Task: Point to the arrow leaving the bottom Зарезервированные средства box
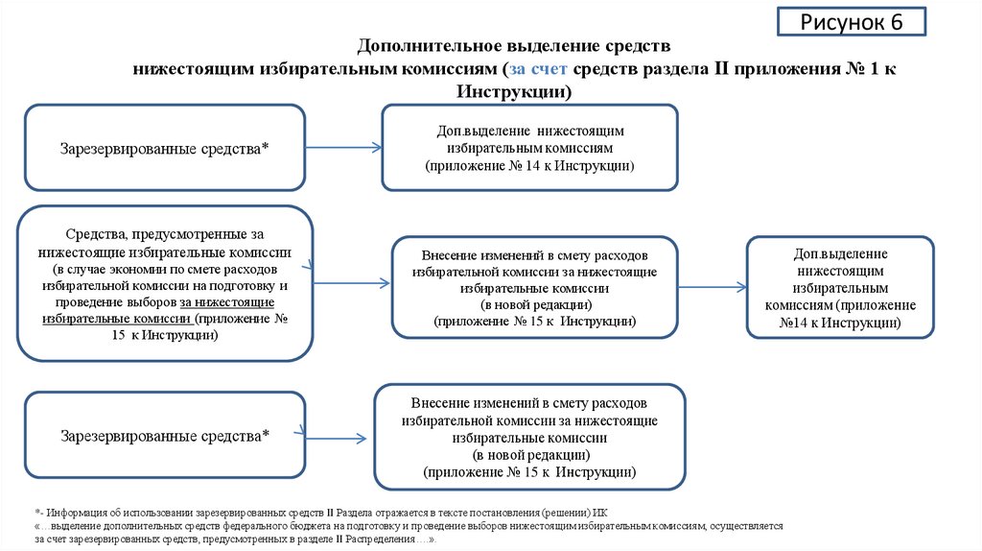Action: tap(335, 437)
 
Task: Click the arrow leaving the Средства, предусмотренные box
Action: tap(351, 283)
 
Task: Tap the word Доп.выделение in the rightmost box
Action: tap(840, 253)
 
